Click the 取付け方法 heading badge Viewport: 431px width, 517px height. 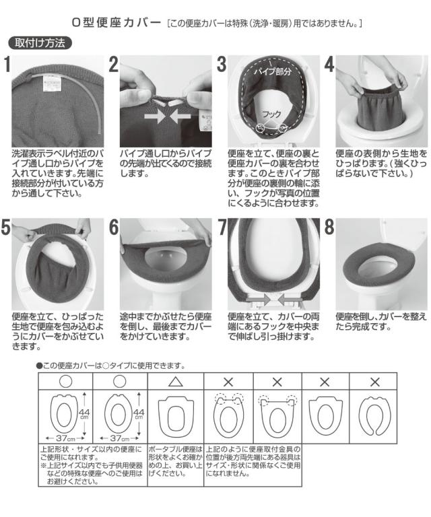40,43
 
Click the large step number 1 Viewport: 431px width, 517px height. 7,65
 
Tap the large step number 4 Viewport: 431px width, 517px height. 329,65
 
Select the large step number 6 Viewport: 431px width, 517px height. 114,227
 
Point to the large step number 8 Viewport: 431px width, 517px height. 329,227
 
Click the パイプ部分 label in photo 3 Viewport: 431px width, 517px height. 272,71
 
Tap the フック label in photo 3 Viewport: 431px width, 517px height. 271,114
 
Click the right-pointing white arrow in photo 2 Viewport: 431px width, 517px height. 155,116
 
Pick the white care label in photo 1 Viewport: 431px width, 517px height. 53,86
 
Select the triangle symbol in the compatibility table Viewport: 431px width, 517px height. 176,382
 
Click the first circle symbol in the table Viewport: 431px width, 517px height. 65,382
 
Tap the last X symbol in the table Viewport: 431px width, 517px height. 375,382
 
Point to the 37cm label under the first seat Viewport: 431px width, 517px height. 65,438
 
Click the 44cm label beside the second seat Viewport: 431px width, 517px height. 139,414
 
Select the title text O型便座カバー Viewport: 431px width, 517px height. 116,23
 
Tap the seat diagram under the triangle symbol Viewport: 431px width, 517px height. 176,417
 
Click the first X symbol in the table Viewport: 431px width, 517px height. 228,382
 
